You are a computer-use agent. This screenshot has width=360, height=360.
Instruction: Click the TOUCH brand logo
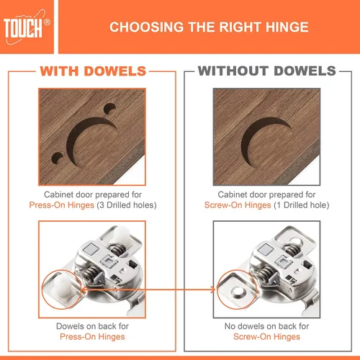click(25, 27)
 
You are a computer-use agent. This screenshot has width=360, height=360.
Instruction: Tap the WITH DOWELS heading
click(93, 71)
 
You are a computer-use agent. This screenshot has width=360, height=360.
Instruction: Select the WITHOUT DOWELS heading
click(267, 71)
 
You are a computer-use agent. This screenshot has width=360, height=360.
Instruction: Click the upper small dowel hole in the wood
click(109, 109)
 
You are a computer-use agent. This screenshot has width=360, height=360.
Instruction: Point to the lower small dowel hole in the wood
click(57, 158)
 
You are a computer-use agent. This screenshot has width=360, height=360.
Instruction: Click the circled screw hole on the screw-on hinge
click(238, 291)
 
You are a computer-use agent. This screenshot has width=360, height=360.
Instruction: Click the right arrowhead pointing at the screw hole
click(212, 289)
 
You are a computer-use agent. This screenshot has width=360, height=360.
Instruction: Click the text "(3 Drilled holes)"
click(127, 205)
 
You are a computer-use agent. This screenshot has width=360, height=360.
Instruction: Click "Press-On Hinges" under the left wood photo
click(62, 205)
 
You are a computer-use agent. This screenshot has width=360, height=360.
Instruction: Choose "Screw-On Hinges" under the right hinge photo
click(266, 337)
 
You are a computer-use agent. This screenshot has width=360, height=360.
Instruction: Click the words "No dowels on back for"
click(266, 326)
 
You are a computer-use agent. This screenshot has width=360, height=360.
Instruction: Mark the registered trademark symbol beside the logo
click(48, 22)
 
